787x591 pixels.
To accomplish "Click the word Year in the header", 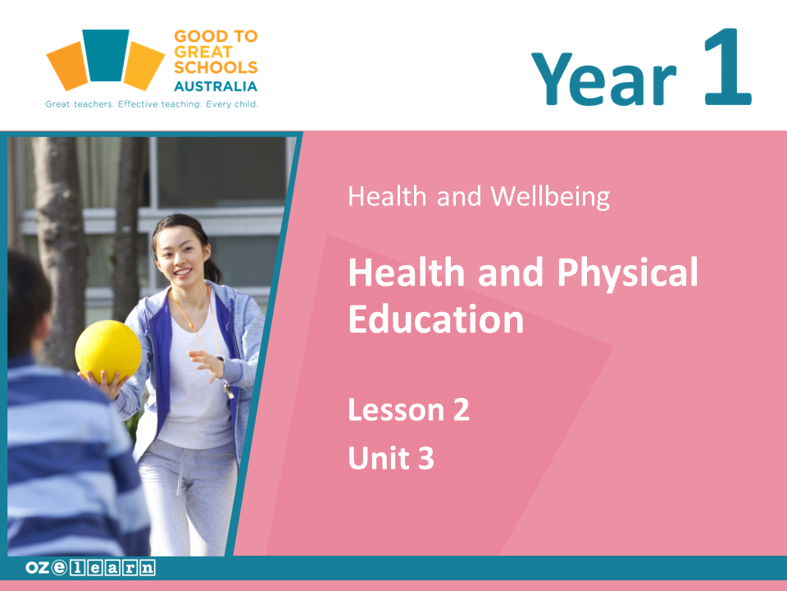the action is coord(603,79).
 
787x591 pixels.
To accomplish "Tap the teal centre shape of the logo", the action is coord(106,55).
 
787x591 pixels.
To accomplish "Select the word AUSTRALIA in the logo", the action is coord(216,86).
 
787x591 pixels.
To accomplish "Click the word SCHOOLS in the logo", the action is coord(216,67).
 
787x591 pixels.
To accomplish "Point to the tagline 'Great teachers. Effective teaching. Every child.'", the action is coord(152,104).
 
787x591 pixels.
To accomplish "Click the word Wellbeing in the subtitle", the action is coord(550,196).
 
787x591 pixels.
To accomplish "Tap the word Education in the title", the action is coord(436,319).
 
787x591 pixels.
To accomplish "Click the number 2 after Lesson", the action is coord(462,410).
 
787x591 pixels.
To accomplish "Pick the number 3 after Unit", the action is coord(426,458).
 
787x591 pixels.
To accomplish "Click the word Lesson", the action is coord(397,410).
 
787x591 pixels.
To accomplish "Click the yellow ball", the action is coord(108,351).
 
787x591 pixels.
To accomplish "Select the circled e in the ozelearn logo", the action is coord(59,567).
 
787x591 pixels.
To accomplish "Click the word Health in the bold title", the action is coord(407,273).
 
